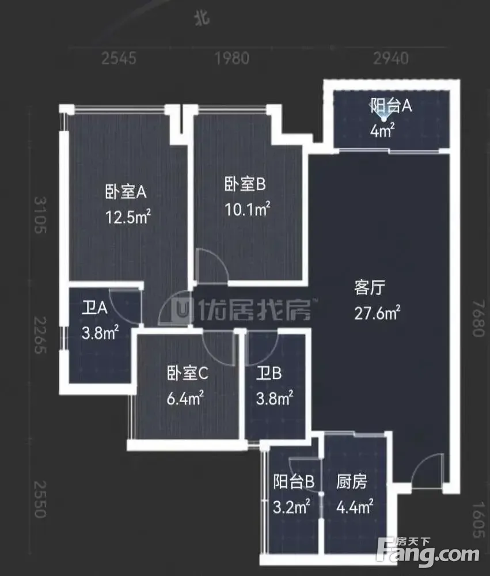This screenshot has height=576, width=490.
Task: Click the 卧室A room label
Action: (x=126, y=192)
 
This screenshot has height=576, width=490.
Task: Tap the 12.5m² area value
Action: (x=128, y=217)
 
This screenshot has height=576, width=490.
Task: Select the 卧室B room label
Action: (x=245, y=184)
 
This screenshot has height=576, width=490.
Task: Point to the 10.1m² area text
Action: (x=247, y=209)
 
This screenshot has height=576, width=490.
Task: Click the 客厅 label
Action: (x=370, y=287)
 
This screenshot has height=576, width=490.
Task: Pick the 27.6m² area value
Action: (x=377, y=313)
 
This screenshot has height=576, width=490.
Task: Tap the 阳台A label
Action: (x=390, y=106)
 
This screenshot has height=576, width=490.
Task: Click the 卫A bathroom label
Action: (x=94, y=308)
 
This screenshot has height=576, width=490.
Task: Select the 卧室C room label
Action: (x=187, y=373)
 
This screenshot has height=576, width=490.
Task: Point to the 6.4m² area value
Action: (x=185, y=398)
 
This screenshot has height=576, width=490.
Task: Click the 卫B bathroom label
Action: (x=269, y=373)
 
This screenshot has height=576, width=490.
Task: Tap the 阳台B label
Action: (x=294, y=482)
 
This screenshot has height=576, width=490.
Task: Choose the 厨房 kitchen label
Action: (x=351, y=482)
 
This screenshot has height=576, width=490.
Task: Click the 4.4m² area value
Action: (x=355, y=506)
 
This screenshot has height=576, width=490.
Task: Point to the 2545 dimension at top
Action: (x=119, y=58)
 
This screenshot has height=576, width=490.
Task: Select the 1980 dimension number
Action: (x=232, y=58)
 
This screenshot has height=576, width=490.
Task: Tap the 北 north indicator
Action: (x=203, y=18)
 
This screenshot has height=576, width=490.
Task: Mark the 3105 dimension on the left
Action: (x=40, y=215)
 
